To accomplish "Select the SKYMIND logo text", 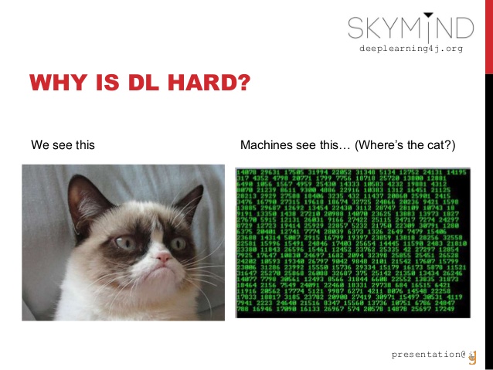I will [410, 29].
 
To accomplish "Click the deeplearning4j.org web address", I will [410, 49].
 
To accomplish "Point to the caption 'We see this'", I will [63, 144].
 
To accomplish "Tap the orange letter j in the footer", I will [473, 356].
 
